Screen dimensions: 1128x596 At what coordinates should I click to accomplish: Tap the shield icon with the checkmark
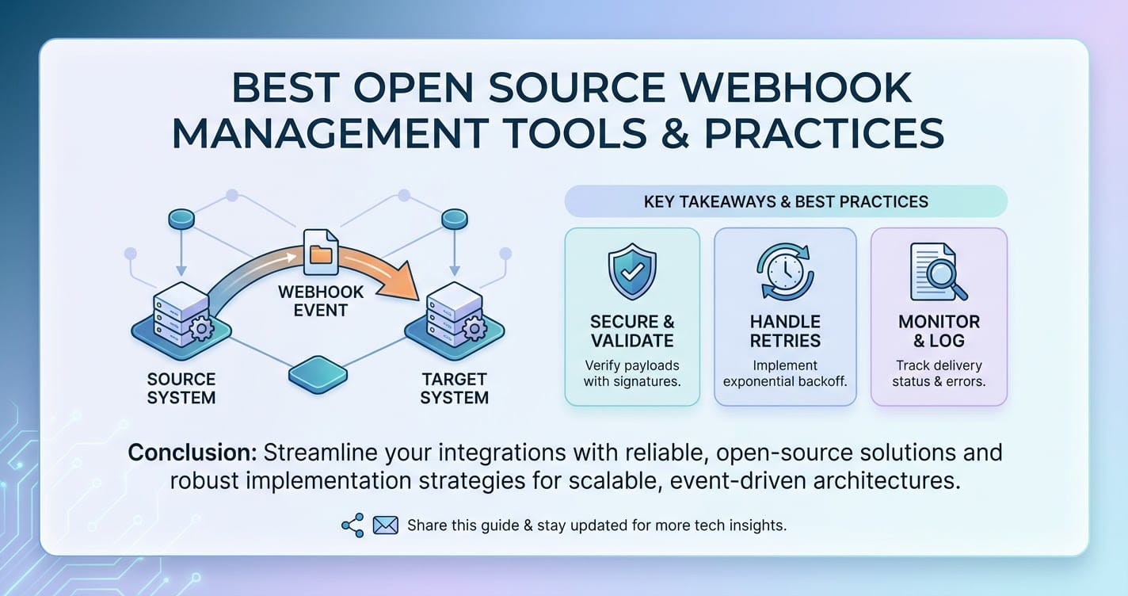tap(632, 272)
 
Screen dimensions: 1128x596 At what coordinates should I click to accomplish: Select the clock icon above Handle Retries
tap(785, 272)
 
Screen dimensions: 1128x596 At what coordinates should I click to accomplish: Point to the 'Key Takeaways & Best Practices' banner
tap(786, 201)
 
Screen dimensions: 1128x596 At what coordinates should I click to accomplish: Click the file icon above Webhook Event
tap(322, 252)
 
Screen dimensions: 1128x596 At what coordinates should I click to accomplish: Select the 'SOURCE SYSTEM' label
tap(181, 388)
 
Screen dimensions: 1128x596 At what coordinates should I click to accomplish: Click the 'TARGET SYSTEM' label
tap(454, 388)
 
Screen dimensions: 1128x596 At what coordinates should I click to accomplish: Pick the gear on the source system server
tap(201, 329)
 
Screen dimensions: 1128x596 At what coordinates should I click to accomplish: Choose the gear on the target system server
tap(474, 329)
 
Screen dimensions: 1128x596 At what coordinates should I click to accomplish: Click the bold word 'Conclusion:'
tap(192, 453)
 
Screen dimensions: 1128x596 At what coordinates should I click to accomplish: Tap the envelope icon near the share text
tap(385, 525)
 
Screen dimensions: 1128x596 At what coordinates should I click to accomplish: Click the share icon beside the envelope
tap(352, 525)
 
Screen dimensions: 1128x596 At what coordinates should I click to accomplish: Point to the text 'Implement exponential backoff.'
tap(785, 373)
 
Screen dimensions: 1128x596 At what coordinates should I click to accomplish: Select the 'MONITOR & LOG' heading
tap(939, 331)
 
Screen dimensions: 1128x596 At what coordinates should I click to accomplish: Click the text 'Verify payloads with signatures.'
tap(632, 373)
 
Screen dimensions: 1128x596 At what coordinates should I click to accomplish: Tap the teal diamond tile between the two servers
tap(318, 374)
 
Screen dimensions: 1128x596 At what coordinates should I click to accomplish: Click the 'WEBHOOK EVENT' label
tap(321, 300)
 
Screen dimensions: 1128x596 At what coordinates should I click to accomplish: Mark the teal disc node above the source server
tap(181, 220)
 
